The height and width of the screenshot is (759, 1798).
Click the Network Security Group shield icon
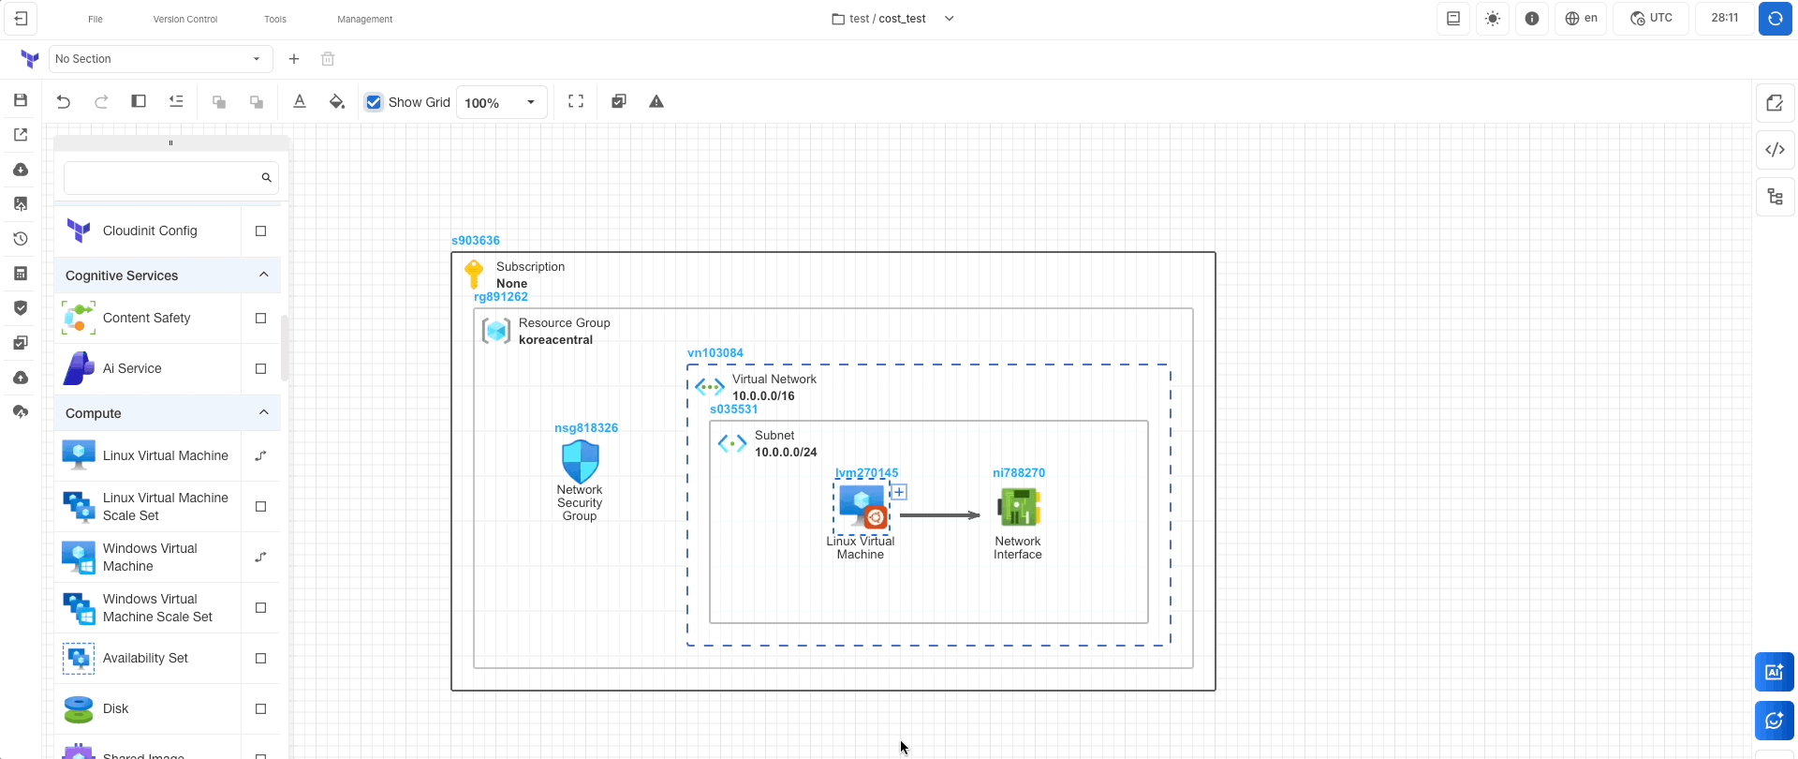(x=580, y=462)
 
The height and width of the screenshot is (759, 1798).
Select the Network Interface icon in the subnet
(x=1018, y=508)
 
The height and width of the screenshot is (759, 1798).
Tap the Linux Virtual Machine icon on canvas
(x=862, y=507)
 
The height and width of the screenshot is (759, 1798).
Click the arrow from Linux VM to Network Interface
(x=939, y=515)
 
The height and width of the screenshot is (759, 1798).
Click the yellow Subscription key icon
(x=475, y=274)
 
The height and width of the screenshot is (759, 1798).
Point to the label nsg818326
(x=586, y=428)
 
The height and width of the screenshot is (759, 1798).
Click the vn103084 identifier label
(x=715, y=353)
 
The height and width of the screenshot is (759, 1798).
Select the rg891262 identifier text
(x=501, y=297)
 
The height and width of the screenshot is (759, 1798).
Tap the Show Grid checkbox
(x=375, y=102)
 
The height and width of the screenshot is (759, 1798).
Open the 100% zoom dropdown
(x=501, y=102)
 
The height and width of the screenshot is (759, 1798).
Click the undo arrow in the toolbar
(x=64, y=102)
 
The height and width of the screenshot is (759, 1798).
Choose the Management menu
(x=364, y=19)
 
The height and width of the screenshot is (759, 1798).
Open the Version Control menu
(x=185, y=19)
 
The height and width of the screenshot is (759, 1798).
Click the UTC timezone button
(x=1651, y=19)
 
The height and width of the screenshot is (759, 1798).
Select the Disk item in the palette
(x=116, y=708)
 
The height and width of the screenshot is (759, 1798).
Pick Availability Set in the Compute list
(x=145, y=658)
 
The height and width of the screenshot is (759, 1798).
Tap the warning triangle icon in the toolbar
(x=656, y=102)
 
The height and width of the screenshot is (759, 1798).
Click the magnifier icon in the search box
(x=267, y=178)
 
